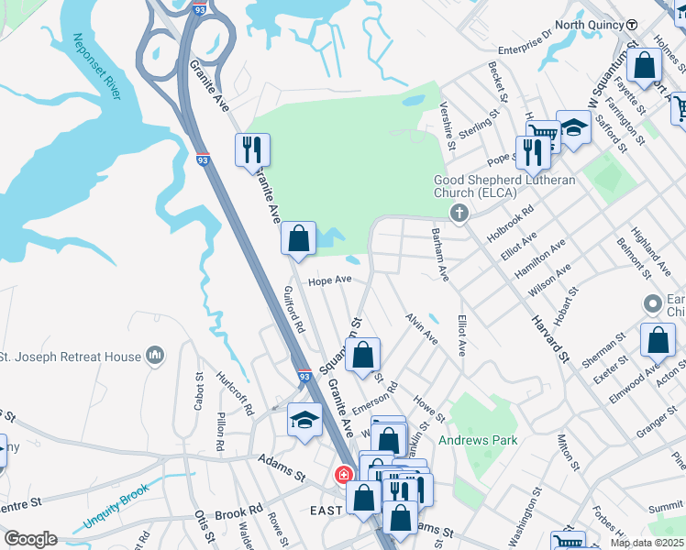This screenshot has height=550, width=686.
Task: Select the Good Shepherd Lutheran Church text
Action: point(504,186)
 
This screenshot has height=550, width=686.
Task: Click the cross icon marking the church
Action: point(459,213)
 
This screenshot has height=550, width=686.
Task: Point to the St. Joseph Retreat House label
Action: point(72,357)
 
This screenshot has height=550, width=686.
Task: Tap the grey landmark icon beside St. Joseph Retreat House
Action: point(156,355)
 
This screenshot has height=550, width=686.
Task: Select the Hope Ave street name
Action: point(330,280)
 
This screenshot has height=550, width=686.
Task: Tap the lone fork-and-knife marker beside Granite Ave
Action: point(252,148)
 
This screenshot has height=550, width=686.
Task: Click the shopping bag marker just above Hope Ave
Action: point(298,239)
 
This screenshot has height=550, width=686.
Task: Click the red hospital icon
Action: point(343,475)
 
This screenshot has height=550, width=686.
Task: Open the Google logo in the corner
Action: point(30,539)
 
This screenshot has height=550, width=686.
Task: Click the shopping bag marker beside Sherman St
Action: point(658,341)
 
